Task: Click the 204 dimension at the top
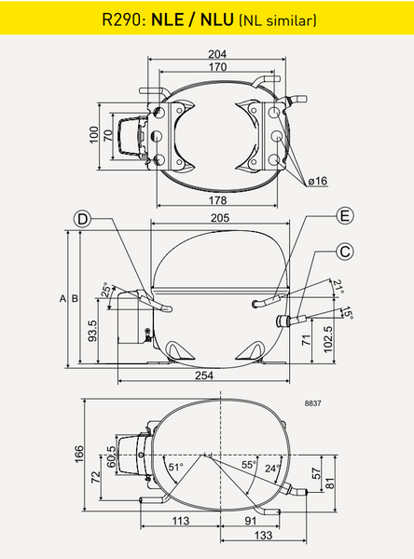pyautogui.click(x=217, y=54)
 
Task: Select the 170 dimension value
pyautogui.click(x=217, y=67)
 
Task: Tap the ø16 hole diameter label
pyautogui.click(x=318, y=181)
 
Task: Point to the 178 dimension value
pyautogui.click(x=217, y=200)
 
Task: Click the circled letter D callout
pyautogui.click(x=82, y=219)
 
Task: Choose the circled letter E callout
pyautogui.click(x=345, y=216)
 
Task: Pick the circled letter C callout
pyautogui.click(x=345, y=252)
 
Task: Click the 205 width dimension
pyautogui.click(x=220, y=218)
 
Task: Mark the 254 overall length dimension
pyautogui.click(x=204, y=375)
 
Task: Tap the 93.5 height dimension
pyautogui.click(x=92, y=331)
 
